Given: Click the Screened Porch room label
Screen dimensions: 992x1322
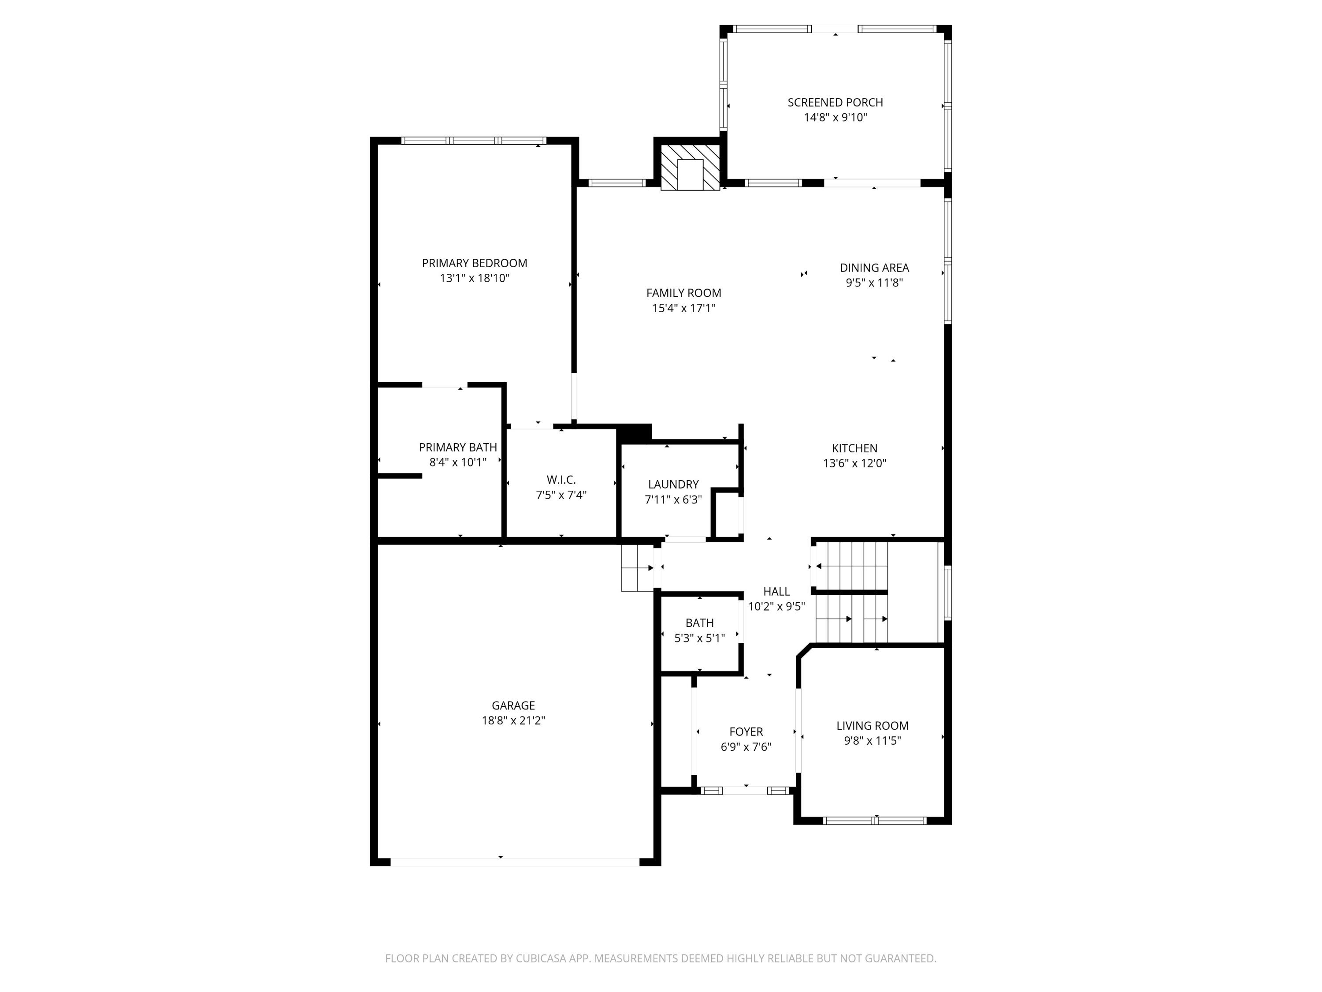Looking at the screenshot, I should (835, 102).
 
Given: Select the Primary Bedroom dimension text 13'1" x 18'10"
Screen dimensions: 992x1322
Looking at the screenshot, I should (475, 278).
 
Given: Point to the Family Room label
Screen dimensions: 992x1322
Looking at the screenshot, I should (683, 293).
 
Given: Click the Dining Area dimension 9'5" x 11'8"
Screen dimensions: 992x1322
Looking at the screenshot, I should (874, 283).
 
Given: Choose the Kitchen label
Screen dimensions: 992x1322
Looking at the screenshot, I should (854, 448).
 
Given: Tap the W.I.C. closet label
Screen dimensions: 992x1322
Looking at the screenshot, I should (561, 480).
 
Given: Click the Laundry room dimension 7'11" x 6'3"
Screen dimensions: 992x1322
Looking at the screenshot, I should (673, 499).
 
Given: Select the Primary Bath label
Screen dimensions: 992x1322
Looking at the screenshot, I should (457, 447).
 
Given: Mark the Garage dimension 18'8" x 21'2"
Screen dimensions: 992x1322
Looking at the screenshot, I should (513, 720).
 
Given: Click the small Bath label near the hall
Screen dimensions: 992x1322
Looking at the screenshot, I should (699, 623).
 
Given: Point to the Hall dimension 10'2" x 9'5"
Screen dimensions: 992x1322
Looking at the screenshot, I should (776, 606).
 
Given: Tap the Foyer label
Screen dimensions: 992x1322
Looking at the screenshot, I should (746, 731).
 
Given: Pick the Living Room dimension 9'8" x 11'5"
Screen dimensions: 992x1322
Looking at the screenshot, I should (872, 741).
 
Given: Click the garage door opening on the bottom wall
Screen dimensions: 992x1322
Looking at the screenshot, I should (515, 861).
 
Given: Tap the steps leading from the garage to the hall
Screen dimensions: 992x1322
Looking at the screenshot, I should (637, 568).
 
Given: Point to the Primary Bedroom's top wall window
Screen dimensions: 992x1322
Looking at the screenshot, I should (473, 141).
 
